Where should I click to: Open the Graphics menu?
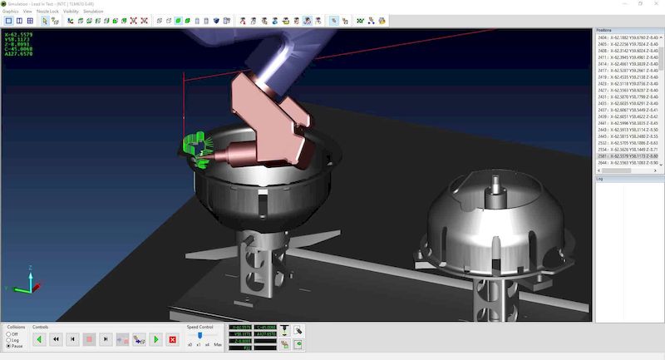click(10, 11)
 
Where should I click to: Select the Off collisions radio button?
click(8, 334)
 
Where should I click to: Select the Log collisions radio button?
click(8, 340)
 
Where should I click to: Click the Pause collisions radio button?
click(8, 346)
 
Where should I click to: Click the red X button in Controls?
click(172, 339)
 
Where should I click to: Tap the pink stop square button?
click(89, 339)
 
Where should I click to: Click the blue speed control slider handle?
click(200, 335)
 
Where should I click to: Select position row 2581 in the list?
click(627, 155)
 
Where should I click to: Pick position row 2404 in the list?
click(627, 37)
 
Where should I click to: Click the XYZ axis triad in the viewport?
click(30, 283)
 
